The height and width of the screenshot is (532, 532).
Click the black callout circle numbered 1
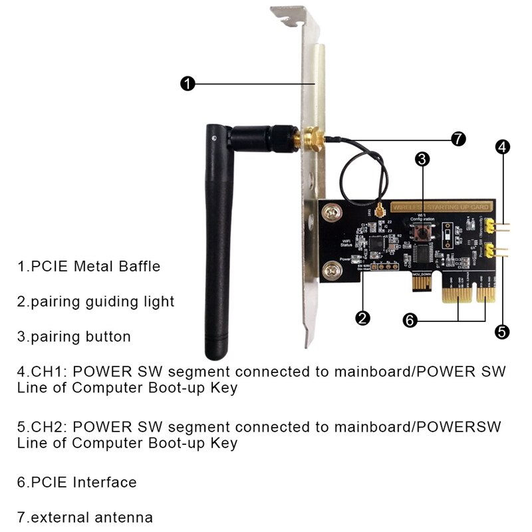tap(188, 84)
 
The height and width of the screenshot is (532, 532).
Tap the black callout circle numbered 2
tap(362, 318)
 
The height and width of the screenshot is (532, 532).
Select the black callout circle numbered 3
tap(423, 159)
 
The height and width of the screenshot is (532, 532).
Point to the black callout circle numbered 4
tap(503, 148)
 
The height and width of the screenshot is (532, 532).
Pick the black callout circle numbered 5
tap(503, 331)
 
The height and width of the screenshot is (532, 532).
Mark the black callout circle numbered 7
tap(458, 139)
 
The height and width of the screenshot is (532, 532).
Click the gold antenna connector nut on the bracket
tap(311, 140)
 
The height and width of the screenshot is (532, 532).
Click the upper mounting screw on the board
tap(330, 213)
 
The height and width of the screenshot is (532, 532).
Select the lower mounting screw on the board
tap(330, 271)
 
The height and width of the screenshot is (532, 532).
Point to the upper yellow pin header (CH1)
tap(491, 226)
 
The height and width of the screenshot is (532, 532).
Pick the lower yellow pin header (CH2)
tap(491, 251)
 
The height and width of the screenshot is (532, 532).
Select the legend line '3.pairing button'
tap(74, 336)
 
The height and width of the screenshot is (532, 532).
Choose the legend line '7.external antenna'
tap(85, 517)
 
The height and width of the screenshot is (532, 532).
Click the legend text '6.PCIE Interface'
tap(77, 482)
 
